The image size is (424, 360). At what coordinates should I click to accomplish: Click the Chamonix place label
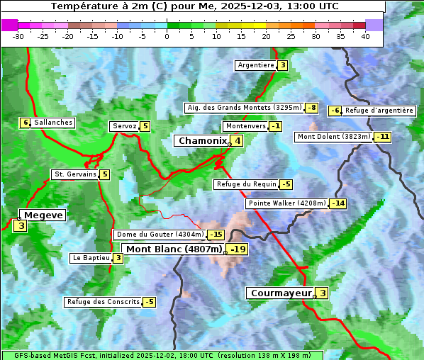click(202, 141)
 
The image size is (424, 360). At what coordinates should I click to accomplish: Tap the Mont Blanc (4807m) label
click(174, 249)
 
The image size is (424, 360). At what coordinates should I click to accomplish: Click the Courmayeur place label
click(281, 293)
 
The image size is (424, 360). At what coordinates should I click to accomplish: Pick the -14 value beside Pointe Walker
click(338, 203)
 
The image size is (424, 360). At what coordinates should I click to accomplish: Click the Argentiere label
click(256, 65)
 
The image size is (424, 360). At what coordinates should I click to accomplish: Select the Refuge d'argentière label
click(379, 111)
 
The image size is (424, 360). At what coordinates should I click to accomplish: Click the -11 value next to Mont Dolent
click(383, 137)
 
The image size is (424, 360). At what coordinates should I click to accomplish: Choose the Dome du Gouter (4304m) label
click(160, 235)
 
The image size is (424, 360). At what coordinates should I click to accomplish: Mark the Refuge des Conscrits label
click(103, 302)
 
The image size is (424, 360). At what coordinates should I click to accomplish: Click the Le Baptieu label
click(91, 258)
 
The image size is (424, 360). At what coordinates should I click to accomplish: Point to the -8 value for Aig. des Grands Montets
click(312, 108)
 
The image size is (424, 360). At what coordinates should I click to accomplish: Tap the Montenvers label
click(245, 126)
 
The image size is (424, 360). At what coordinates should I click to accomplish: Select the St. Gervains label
click(74, 174)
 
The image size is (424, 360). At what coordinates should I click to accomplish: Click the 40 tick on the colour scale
click(365, 36)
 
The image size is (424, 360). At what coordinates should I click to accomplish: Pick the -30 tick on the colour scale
click(18, 36)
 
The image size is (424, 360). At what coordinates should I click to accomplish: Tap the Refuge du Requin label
click(246, 184)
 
